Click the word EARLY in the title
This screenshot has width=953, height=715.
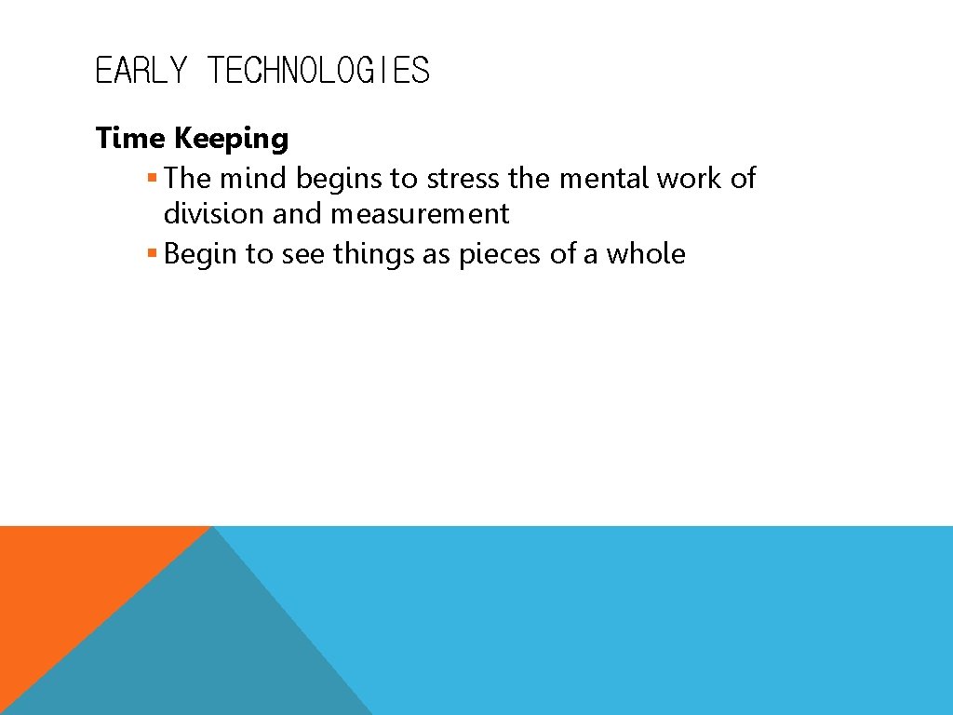pos(141,71)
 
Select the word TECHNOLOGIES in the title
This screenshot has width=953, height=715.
pos(318,71)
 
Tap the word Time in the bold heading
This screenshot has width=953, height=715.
pos(131,139)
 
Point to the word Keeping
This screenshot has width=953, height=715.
pos(232,140)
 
